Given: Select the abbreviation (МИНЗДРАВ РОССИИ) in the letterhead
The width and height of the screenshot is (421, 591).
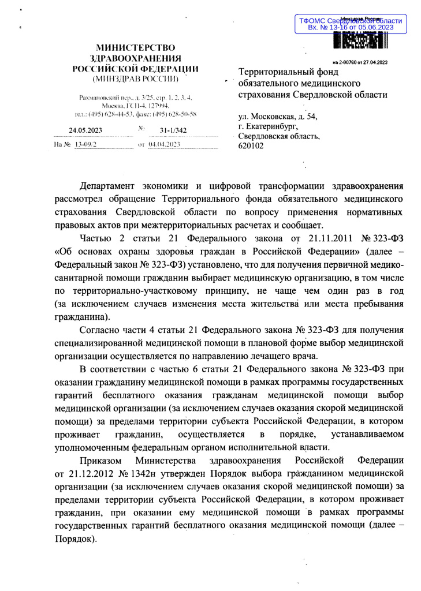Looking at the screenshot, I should pos(136,77).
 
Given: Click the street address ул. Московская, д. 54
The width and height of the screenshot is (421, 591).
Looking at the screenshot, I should pos(277,116).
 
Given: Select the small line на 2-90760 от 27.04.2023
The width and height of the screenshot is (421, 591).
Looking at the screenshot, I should pos(359,62).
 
